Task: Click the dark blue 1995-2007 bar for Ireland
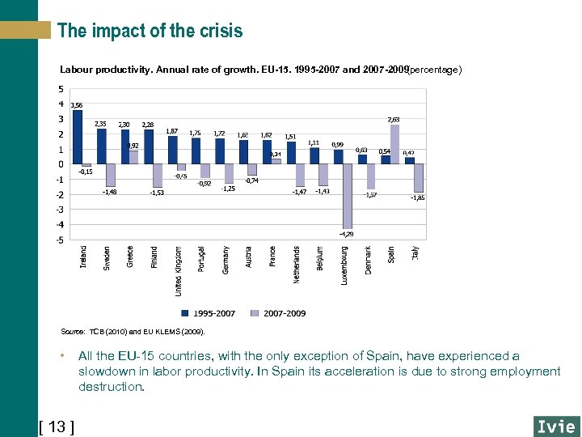(78, 137)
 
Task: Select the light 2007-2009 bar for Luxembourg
(348, 196)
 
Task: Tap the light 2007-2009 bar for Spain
(395, 144)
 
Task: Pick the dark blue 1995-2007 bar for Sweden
(101, 146)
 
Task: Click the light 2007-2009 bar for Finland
(158, 176)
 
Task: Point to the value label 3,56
(76, 105)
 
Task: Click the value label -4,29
(346, 234)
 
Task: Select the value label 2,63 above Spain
(394, 119)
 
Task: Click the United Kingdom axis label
(178, 271)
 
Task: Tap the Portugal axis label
(201, 260)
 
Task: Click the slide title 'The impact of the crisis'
(150, 32)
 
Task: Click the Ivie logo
(555, 426)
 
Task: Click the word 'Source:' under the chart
(73, 331)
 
